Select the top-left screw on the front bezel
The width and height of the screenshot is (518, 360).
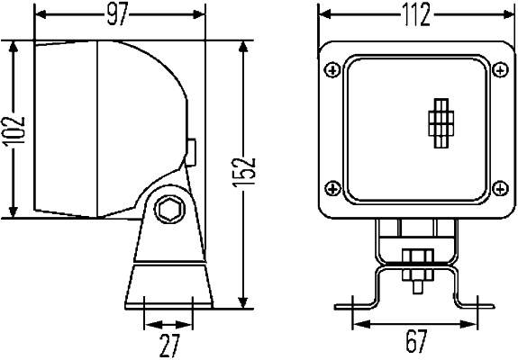[333, 68]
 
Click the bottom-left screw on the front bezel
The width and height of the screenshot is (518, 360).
[333, 187]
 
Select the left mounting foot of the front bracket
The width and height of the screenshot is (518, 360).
[354, 304]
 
